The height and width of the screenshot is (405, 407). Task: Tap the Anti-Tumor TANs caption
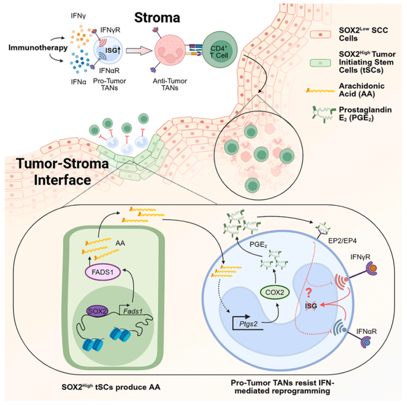[x=174, y=84]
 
